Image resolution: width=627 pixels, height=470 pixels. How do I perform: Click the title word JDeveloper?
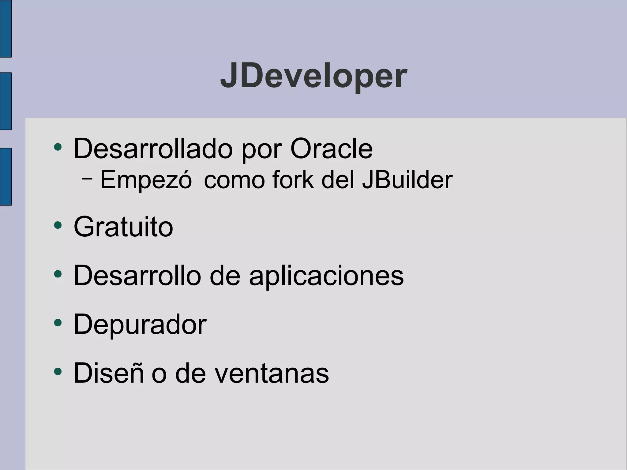point(313,76)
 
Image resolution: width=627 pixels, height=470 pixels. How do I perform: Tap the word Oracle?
point(331,149)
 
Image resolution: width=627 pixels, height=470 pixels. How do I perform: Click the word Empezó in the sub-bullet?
point(146,180)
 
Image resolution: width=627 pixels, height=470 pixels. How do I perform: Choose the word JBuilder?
point(407,180)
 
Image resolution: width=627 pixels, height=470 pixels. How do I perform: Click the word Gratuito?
point(123,227)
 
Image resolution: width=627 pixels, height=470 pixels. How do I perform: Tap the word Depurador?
point(140,325)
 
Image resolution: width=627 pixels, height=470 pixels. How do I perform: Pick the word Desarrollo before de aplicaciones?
point(137,276)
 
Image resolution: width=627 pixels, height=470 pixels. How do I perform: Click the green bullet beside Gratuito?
point(58,226)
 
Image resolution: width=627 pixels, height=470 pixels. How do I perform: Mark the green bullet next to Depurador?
point(58,323)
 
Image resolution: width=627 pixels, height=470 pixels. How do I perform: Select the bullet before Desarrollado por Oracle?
point(58,147)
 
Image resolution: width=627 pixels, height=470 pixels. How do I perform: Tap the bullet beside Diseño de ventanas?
point(58,371)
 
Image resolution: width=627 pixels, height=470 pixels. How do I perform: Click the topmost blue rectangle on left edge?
point(6,28)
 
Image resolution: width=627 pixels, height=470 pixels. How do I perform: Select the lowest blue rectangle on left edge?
point(6,177)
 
